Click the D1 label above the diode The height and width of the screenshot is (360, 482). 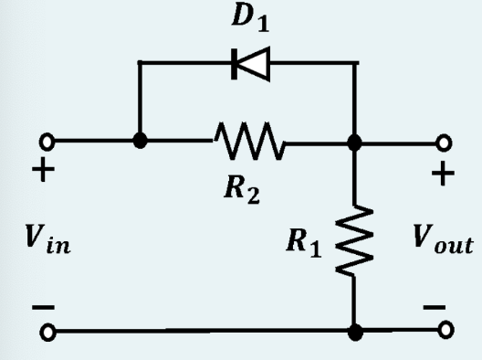click(247, 19)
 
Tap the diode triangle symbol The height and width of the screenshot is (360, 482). click(247, 63)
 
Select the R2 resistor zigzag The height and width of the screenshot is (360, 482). click(248, 143)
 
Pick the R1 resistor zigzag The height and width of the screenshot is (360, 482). click(355, 239)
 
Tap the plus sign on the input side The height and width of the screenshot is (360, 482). click(40, 175)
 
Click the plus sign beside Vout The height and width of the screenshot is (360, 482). click(444, 175)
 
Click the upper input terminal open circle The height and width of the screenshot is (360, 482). click(41, 143)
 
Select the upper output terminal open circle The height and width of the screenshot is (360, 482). click(445, 143)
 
